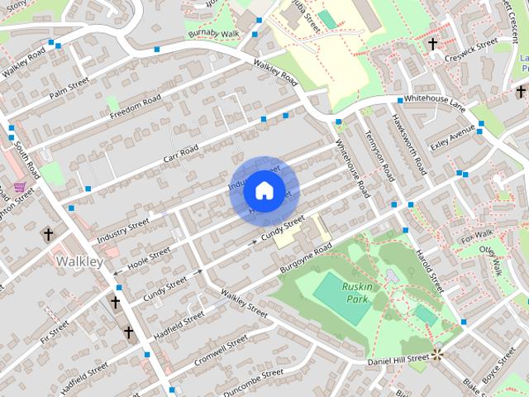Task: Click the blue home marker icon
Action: (264, 190)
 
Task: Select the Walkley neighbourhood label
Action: (79, 261)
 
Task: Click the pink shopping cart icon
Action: (19, 187)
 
